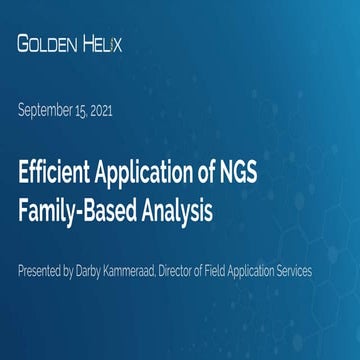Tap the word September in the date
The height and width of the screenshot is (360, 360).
(x=46, y=110)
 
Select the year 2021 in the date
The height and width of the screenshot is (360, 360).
(x=100, y=110)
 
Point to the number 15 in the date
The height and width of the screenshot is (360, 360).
(x=79, y=110)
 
